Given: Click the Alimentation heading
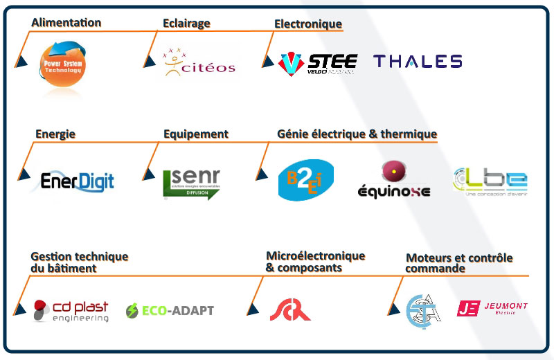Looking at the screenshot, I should pos(66,23).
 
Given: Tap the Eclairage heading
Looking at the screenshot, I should pos(186,23).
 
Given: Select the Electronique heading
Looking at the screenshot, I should pos(308,24).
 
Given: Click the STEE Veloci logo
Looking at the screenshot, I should pos(318,63).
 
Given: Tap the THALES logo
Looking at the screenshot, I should pos(418,62).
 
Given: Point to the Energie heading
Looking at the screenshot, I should pos(55,134).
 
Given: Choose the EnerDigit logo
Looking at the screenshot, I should pos(77,181).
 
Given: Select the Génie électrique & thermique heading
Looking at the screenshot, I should pos(357,134).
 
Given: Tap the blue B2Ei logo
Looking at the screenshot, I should pos(305,181).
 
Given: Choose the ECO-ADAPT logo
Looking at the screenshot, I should pos(170,310).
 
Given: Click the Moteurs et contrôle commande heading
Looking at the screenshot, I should pos(459,263).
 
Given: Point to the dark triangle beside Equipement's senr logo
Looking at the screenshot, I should pos(147,178).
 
